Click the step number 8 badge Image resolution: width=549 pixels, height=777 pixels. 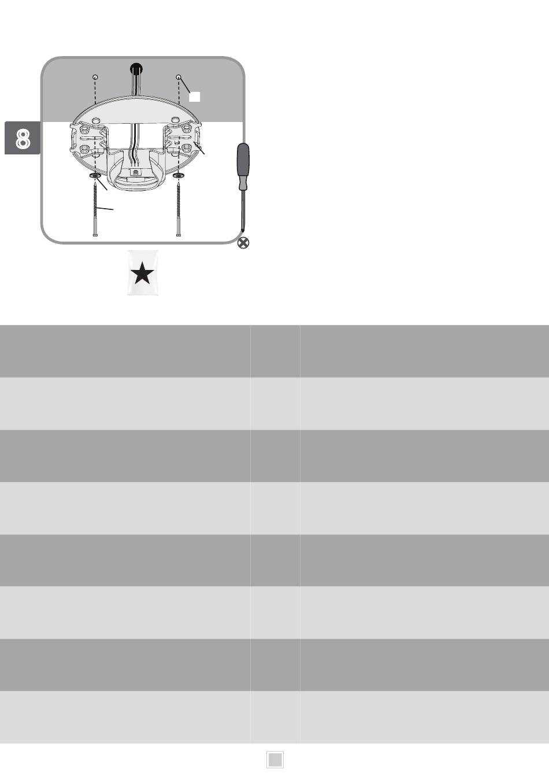coord(23,138)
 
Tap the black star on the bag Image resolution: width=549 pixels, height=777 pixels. coord(143,273)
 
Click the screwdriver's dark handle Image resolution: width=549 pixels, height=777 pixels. coord(244,164)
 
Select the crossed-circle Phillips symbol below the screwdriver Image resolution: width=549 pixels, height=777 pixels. coord(244,243)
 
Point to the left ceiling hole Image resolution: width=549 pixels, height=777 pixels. coord(95,77)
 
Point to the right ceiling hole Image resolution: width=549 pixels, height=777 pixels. coord(179,77)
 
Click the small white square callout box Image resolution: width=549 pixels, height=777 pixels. coord(195,97)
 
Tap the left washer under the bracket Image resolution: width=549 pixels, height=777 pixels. coord(95,175)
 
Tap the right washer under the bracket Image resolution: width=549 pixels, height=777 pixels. coord(179,175)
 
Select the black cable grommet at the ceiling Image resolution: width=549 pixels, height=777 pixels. coord(136,67)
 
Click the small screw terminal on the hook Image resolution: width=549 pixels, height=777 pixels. coord(136,172)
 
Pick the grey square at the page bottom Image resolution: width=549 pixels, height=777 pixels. coord(275,760)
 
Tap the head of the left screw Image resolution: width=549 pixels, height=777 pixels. coord(95,235)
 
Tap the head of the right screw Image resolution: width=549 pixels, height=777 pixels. coord(179,235)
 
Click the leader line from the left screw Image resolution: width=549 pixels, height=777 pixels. coord(106,209)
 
